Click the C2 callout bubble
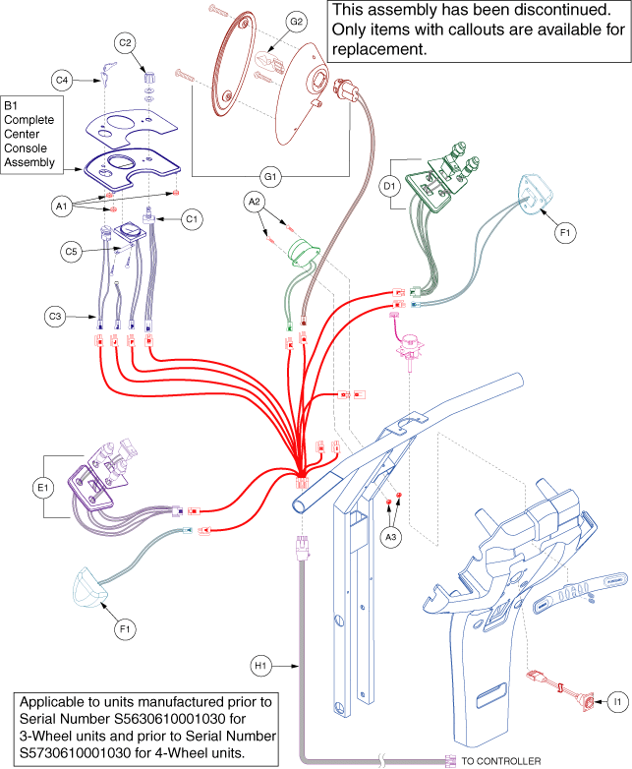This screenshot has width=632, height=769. point(125,43)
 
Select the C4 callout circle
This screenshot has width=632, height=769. point(62,79)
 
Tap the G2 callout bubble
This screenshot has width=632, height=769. point(296,21)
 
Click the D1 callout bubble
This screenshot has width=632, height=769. point(390,185)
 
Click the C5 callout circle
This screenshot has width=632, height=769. point(71,252)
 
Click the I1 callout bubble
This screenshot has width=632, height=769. point(617,701)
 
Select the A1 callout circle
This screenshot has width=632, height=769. point(61,207)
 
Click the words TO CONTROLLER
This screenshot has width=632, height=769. point(500,760)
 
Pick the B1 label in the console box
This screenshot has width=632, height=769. point(14,104)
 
